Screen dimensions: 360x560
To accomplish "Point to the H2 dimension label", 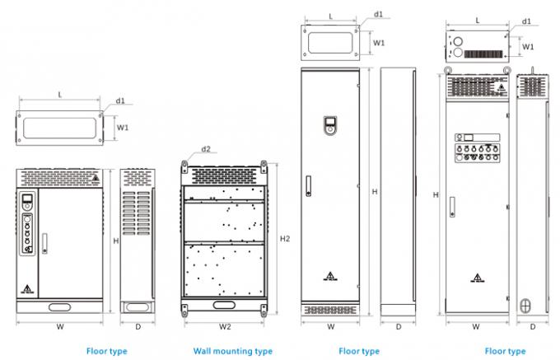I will coord(285,238).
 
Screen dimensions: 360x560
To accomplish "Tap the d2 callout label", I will coord(206,149).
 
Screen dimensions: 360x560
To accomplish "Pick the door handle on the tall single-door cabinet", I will coord(308,186).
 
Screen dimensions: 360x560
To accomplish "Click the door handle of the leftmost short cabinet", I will coord(44,244).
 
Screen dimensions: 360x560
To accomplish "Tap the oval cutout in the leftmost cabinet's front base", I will coord(59,307).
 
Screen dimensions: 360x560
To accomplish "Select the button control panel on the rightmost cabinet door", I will coord(477,147).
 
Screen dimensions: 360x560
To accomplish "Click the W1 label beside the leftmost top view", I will coord(122,129).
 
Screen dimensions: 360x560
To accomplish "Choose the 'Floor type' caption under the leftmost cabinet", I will coord(107,351).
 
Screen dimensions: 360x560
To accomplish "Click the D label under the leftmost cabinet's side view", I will coord(138,325).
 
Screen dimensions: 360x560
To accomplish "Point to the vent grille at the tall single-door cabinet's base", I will coord(330,310).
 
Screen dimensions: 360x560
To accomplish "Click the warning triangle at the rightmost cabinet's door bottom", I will coord(476,277).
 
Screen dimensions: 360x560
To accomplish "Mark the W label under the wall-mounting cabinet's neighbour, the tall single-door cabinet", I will coord(330,325).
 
